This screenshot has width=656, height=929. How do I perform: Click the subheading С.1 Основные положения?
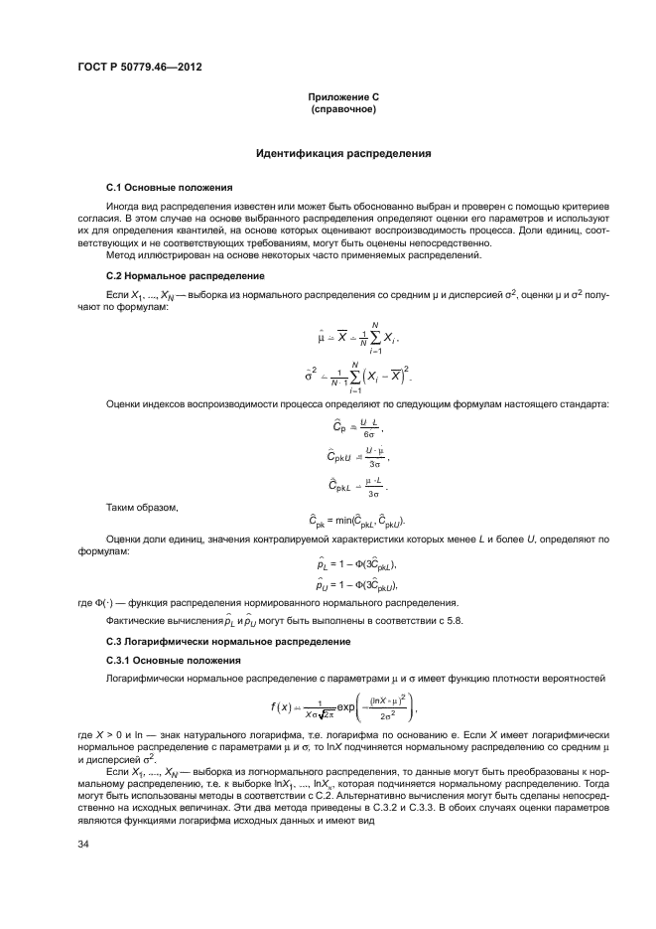169,187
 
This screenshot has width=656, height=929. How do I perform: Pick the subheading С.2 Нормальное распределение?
185,274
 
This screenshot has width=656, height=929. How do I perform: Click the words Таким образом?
140,507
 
